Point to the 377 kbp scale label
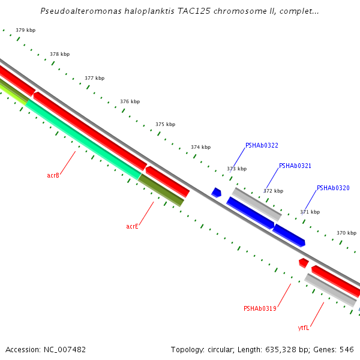tap(94, 78)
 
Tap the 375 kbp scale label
tap(165, 124)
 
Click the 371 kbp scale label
tap(310, 212)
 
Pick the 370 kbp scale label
tap(346, 233)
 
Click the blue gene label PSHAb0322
tap(262, 146)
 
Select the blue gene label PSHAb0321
tap(295, 166)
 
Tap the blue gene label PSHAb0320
tap(333, 188)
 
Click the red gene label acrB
tap(53, 176)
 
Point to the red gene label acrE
tap(132, 227)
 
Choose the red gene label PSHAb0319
tap(260, 309)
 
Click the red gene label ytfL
tap(304, 328)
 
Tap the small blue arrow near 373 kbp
tap(217, 193)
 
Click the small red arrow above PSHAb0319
tap(304, 263)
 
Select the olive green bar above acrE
tap(161, 190)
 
